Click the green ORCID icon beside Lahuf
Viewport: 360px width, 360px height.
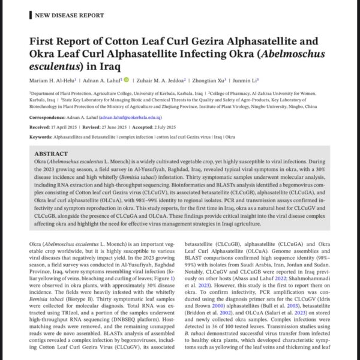click(126, 79)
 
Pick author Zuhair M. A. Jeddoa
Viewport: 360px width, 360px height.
click(160, 79)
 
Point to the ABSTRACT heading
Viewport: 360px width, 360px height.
click(56, 154)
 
